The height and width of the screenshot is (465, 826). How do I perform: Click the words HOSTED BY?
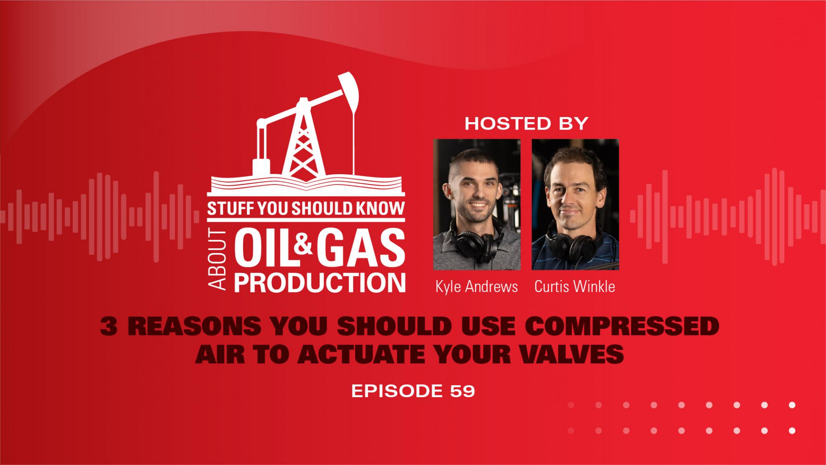(x=526, y=124)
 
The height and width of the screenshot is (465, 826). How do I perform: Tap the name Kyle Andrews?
(x=476, y=287)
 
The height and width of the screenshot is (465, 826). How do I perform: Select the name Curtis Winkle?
(x=575, y=287)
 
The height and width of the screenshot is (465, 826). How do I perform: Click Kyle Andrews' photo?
(x=477, y=204)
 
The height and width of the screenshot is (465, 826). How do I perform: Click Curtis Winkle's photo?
(x=575, y=204)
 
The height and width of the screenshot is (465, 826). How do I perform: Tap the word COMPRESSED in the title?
(x=622, y=327)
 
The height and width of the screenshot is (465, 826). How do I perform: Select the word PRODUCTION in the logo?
(x=319, y=282)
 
